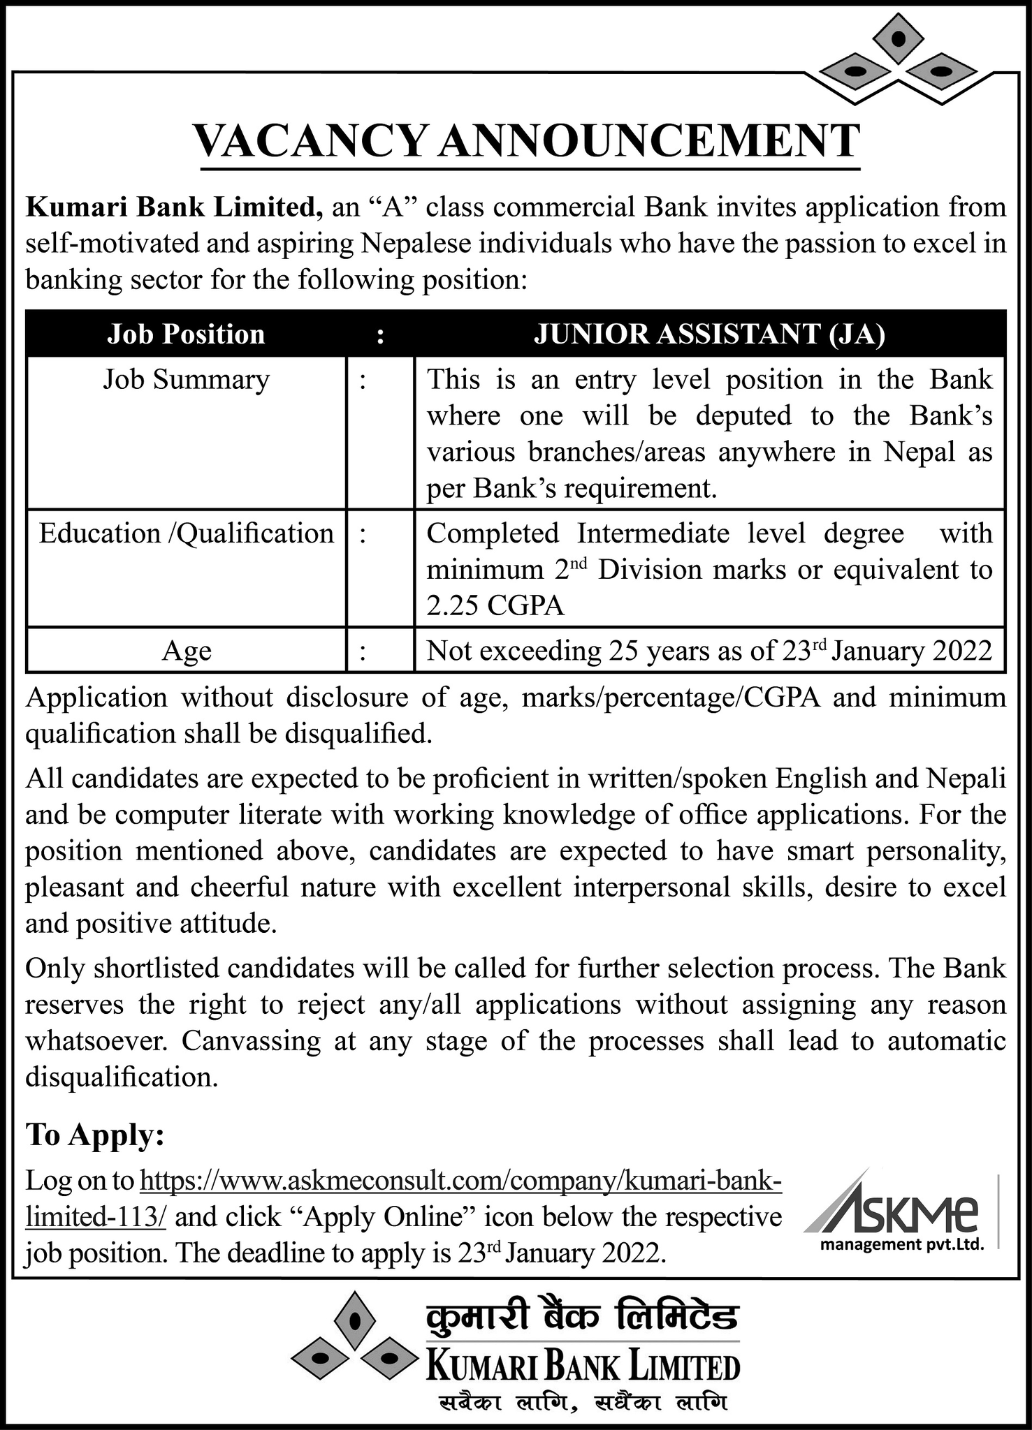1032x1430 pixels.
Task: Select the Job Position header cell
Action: [x=186, y=334]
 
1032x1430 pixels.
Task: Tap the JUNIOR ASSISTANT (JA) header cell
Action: [x=709, y=334]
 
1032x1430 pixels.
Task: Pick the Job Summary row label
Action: [x=186, y=380]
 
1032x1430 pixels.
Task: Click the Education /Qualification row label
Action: [x=186, y=533]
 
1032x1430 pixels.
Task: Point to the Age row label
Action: [x=186, y=651]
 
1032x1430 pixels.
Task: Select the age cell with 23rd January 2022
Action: [x=709, y=651]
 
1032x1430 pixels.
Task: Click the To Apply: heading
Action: [x=95, y=1135]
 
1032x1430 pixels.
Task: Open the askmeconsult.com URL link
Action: [x=461, y=1181]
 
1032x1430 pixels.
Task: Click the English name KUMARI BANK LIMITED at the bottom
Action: [x=583, y=1366]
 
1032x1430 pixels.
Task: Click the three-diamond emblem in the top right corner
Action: [x=899, y=59]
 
